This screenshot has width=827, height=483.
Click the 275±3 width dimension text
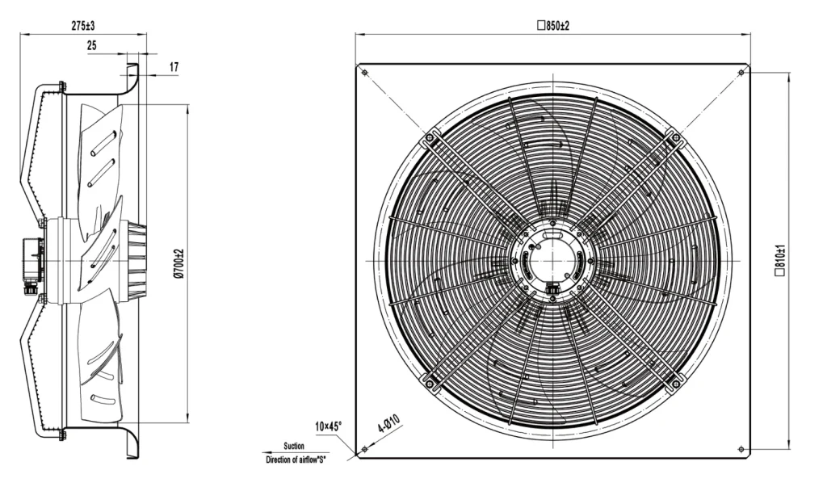point(83,25)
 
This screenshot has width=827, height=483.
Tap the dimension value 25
point(92,46)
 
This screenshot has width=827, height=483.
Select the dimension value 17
point(174,67)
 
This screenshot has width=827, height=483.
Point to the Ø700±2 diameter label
point(178,261)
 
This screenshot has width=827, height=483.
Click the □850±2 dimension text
point(552,25)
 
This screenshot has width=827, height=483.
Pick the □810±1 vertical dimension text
point(780,261)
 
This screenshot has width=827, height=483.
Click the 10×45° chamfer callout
point(329,426)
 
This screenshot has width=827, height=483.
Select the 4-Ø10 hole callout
point(389,424)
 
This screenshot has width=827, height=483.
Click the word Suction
point(294,446)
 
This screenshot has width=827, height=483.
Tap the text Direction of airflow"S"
point(296,460)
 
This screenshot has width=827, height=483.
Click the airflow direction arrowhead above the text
point(266,452)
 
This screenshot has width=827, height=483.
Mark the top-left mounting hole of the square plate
point(364,72)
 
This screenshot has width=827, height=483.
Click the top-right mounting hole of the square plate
point(741,72)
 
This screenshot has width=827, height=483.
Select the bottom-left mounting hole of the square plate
point(364,449)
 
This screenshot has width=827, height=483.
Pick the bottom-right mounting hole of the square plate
point(741,449)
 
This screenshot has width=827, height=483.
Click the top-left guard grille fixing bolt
point(430,138)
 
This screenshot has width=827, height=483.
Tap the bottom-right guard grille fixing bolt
point(676,384)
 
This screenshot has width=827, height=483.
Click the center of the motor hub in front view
point(552,261)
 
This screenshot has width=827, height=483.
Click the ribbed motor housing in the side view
point(136,261)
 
